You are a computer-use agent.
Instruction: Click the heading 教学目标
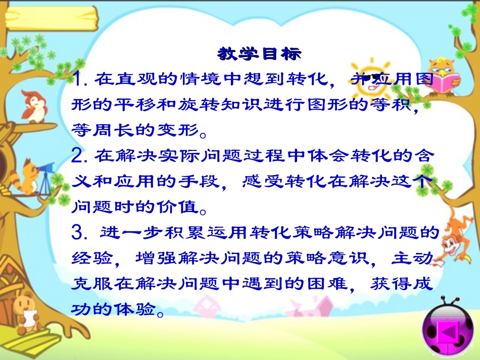tap(259, 54)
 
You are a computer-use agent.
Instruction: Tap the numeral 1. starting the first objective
tap(80, 79)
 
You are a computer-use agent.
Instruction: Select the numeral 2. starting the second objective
tap(80, 157)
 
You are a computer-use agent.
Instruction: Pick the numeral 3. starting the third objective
tap(80, 233)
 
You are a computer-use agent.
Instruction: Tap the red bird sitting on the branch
tap(33, 106)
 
